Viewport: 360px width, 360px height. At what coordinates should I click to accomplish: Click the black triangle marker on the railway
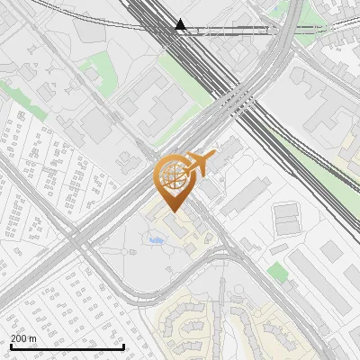point(180,25)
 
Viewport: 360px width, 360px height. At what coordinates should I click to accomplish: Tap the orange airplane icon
point(200,165)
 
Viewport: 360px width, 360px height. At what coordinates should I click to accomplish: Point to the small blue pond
point(156,240)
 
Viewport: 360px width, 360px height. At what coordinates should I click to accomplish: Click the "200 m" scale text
point(23,337)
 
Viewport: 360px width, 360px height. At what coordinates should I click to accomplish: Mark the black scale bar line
point(67,346)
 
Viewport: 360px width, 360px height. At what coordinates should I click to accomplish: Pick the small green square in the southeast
point(278,272)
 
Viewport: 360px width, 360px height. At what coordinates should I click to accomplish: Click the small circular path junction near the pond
point(171,247)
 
